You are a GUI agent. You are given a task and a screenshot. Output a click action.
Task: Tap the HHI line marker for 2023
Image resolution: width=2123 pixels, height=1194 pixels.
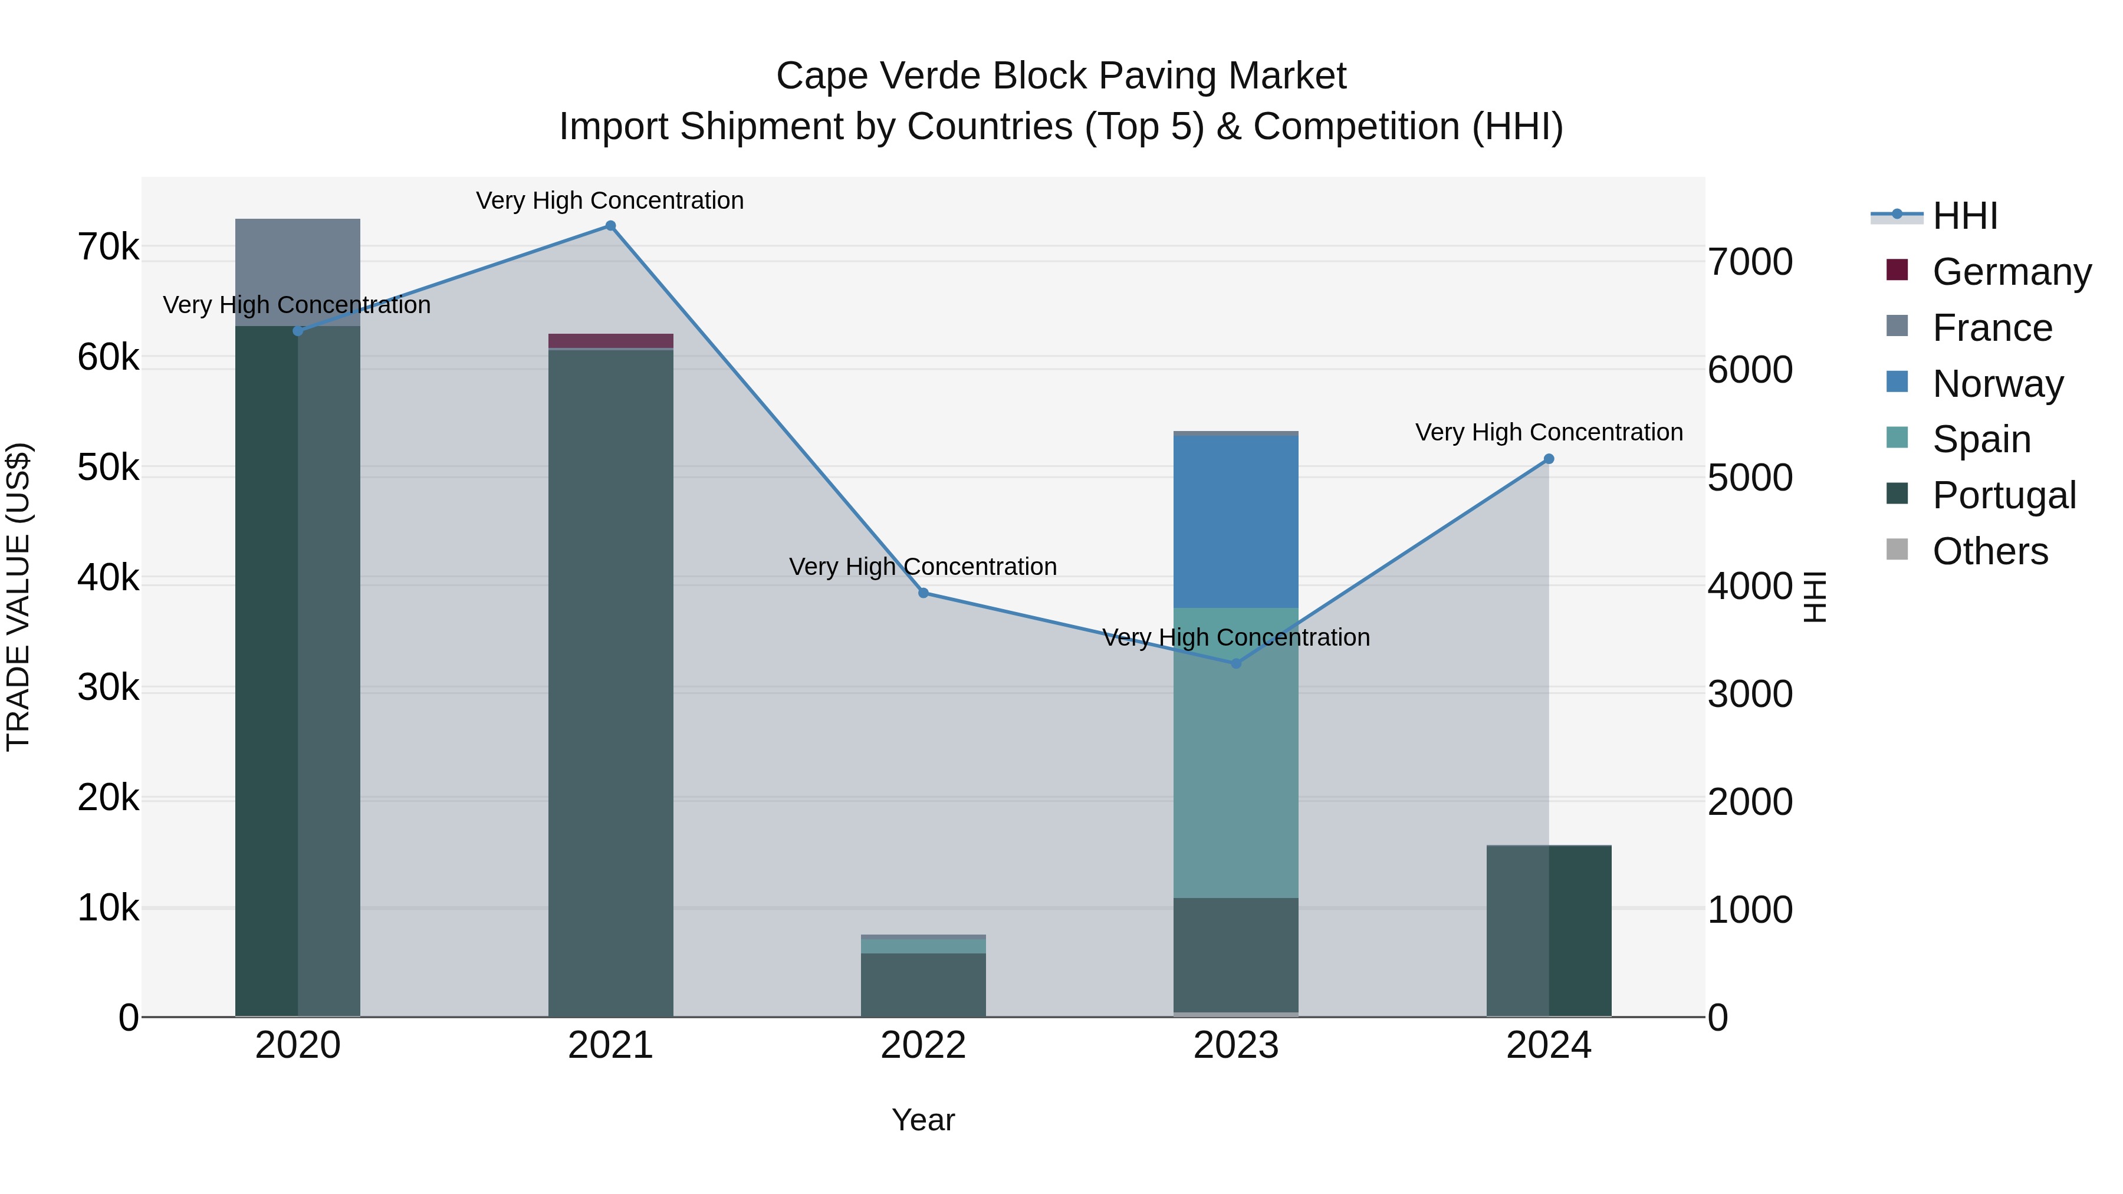click(1235, 663)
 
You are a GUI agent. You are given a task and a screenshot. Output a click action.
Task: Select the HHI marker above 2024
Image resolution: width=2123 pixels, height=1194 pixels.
click(1549, 459)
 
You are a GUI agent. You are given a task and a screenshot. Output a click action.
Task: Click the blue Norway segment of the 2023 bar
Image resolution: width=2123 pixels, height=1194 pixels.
click(1235, 521)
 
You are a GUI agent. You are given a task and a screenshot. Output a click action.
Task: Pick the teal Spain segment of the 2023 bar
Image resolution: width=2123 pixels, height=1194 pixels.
click(1235, 752)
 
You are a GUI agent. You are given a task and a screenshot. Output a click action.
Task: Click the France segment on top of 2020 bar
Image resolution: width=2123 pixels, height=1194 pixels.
click(298, 272)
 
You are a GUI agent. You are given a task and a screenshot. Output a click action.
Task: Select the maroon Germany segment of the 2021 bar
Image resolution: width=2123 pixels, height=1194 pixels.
click(611, 340)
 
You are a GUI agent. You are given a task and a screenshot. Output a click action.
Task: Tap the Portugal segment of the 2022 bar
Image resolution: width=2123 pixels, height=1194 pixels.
click(923, 985)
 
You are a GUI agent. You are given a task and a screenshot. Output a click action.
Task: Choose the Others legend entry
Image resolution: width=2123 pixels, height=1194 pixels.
click(1990, 551)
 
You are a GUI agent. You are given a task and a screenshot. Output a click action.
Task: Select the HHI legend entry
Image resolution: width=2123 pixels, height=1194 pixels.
click(1965, 216)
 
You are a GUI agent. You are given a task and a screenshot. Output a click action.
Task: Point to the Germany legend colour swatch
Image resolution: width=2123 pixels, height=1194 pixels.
click(1897, 270)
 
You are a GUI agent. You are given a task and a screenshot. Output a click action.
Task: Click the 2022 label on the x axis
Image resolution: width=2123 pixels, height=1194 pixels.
click(923, 1045)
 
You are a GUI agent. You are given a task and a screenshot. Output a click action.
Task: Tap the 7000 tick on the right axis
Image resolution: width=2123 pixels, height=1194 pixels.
click(1750, 262)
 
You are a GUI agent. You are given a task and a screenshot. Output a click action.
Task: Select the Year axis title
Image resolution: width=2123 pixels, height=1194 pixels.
click(923, 1120)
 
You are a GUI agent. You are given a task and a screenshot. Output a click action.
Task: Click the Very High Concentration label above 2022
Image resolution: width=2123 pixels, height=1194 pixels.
click(923, 567)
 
